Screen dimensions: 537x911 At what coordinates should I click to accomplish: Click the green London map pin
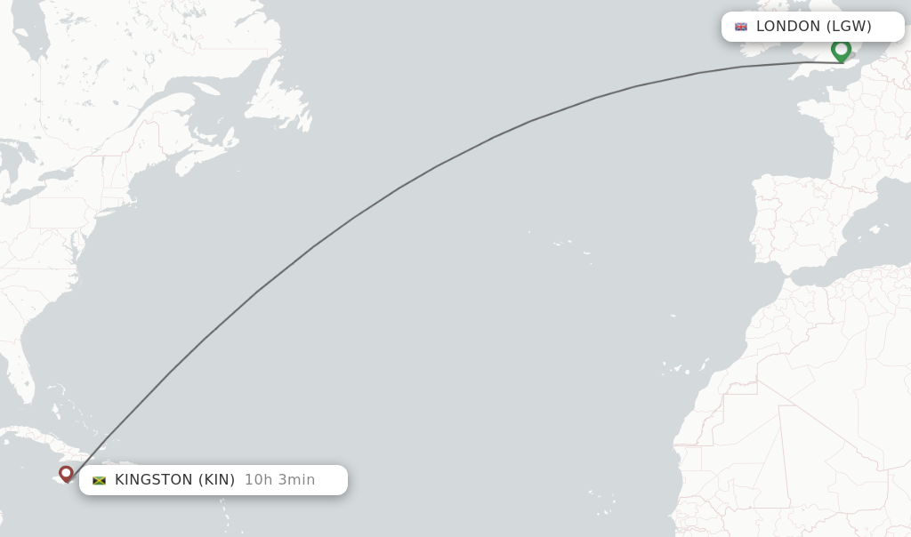pos(841,50)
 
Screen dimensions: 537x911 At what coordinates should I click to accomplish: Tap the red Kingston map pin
pos(66,473)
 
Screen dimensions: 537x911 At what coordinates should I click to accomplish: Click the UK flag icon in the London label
pos(741,27)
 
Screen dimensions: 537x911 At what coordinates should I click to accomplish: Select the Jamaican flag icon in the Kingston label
pos(99,480)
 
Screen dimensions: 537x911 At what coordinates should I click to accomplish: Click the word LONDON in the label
pos(788,27)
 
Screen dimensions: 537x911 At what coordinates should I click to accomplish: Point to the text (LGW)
pos(849,27)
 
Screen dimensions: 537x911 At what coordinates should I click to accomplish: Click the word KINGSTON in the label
pos(153,480)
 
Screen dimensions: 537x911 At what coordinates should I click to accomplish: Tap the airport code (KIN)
pos(216,480)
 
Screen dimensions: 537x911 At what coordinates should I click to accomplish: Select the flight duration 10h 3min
pos(279,480)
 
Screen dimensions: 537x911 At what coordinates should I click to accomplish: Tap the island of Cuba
pos(36,436)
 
